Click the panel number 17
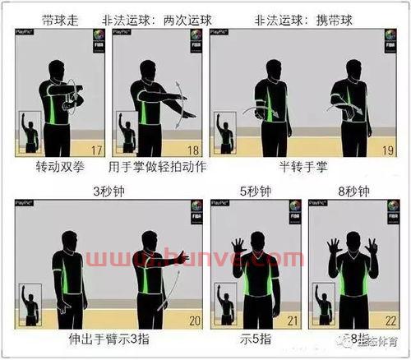tap(96, 150)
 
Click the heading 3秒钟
tap(109, 191)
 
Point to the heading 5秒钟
tap(255, 191)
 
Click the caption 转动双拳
tap(60, 166)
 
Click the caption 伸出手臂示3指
tap(108, 338)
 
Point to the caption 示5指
tap(254, 338)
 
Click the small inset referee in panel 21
tap(224, 304)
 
